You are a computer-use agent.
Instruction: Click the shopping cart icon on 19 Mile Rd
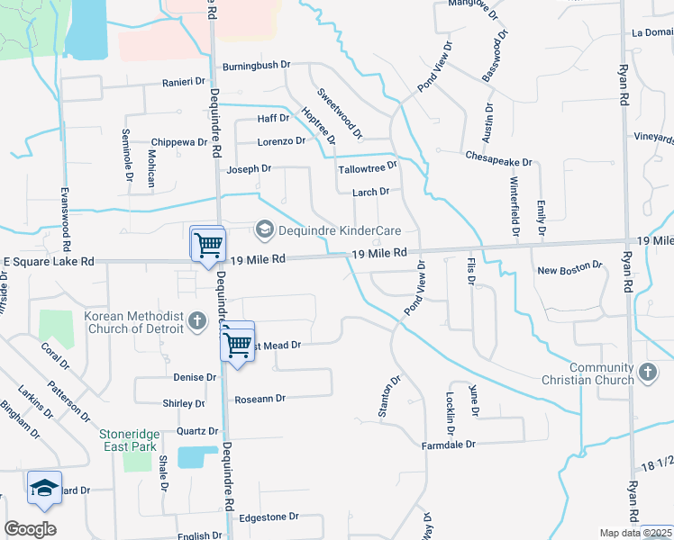tap(208, 244)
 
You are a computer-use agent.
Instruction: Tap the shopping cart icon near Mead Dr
tap(238, 342)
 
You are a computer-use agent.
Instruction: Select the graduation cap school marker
tap(44, 489)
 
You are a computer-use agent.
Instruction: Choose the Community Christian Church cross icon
tap(647, 373)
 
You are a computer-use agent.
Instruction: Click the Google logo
tap(30, 528)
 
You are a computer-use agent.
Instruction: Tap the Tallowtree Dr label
tap(367, 167)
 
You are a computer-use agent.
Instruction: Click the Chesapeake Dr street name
tap(498, 156)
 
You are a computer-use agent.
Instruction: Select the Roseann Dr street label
tap(260, 398)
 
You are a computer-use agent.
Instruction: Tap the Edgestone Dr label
tap(268, 517)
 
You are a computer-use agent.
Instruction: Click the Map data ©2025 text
tap(635, 533)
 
